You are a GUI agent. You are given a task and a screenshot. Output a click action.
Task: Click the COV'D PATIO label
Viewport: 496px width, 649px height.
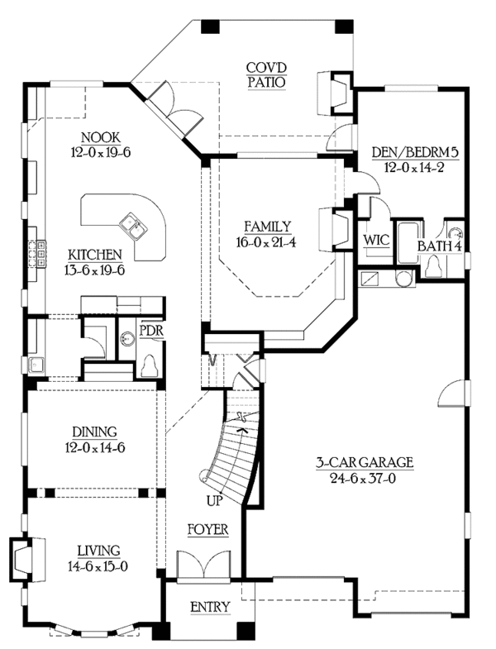[x=266, y=75]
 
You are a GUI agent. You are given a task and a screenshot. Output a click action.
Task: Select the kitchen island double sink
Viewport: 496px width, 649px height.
[x=132, y=227]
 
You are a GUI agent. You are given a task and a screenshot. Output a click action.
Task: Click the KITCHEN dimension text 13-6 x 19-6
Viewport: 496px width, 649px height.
[x=95, y=270]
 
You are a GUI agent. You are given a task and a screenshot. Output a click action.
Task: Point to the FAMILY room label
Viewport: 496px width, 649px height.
[x=267, y=227]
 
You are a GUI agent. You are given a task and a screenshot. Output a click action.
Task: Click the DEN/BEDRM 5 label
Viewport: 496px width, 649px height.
[x=415, y=152]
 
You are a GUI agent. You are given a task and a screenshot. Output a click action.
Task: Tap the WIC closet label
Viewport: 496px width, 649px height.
[x=376, y=239]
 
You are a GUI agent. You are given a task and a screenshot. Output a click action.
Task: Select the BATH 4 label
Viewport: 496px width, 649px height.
[x=439, y=246]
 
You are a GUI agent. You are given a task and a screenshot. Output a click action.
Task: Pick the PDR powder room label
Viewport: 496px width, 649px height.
[x=150, y=331]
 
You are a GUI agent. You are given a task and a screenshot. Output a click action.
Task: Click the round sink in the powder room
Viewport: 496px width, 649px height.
[x=127, y=340]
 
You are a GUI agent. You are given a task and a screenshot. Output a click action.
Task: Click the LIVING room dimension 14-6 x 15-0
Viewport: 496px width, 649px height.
[x=98, y=565]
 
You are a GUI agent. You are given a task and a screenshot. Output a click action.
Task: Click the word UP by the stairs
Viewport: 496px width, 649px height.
[x=215, y=501]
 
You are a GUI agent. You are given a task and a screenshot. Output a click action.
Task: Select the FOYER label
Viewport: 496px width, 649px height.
[x=207, y=529]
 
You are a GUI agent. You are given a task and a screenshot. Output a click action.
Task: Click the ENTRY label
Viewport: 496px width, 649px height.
[x=210, y=607]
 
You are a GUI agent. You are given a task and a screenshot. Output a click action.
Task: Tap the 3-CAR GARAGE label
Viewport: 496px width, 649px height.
[x=365, y=462]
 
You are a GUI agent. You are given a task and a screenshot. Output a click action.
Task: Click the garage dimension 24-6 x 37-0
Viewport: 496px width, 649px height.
[x=363, y=478]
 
